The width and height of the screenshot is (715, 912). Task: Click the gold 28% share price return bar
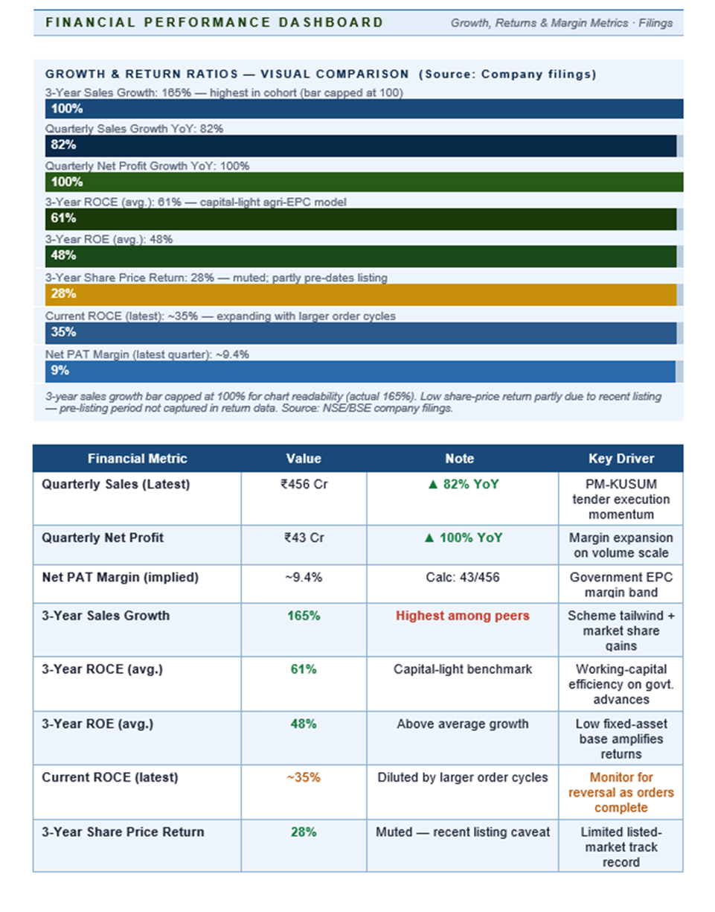361,295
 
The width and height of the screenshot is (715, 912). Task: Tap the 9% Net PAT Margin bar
361,371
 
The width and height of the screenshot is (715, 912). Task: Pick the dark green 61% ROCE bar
361,219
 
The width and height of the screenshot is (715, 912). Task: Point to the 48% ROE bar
361,256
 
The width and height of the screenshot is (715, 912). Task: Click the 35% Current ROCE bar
361,333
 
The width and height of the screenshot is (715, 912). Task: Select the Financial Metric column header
137,459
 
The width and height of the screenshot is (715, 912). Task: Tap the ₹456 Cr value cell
304,485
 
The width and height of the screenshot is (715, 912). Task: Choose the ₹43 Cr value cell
304,538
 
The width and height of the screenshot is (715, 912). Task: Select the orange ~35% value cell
304,777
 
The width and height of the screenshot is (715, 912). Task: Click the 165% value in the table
304,616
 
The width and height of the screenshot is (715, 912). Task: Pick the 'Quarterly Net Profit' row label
102,538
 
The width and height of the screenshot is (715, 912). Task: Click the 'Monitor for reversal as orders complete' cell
620,792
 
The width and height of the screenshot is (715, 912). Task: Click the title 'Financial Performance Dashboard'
214,22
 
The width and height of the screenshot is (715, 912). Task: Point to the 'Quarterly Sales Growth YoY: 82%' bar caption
135,129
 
